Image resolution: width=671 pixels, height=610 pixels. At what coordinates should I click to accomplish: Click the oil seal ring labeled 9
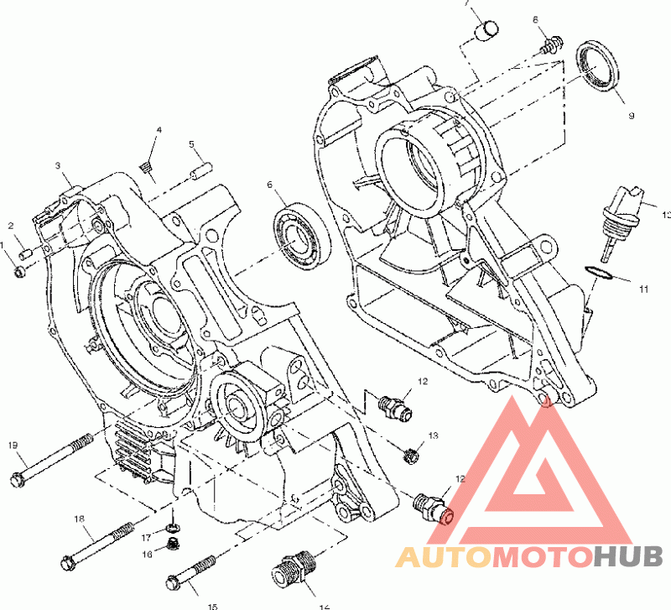point(597,64)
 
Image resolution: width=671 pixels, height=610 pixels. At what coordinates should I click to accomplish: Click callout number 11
point(643,289)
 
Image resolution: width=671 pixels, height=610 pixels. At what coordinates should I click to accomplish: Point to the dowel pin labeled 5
point(200,172)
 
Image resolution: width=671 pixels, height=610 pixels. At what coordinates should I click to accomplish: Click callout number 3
point(58,165)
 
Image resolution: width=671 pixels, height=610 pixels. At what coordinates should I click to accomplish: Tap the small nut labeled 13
point(412,455)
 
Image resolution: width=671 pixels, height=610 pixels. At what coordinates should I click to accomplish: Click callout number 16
point(147,554)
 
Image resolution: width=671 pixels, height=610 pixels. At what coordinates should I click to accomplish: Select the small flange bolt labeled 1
point(20,270)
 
